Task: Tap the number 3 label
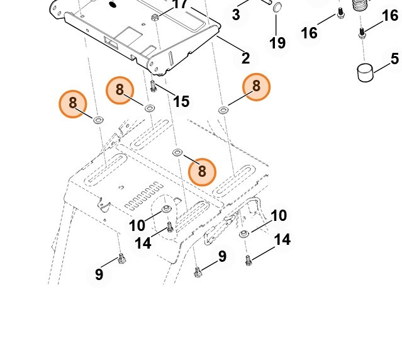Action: (236, 14)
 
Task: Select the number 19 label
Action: (277, 43)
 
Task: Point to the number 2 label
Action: (245, 59)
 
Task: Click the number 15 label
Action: (181, 101)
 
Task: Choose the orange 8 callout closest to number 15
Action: (120, 90)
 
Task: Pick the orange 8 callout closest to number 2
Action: (256, 86)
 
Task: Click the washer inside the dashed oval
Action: (167, 208)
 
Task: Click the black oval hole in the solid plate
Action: (113, 4)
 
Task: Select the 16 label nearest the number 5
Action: (390, 15)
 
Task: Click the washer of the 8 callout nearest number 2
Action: (223, 110)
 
